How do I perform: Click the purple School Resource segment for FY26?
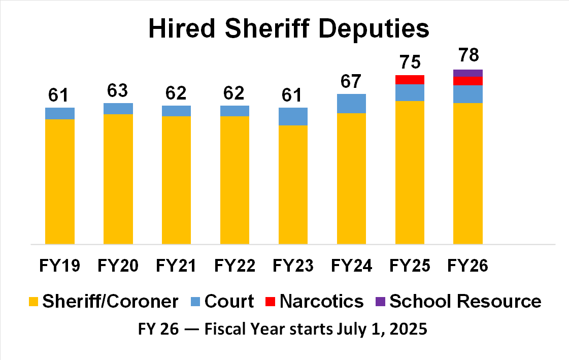click(x=467, y=73)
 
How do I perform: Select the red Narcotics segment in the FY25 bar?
click(x=410, y=79)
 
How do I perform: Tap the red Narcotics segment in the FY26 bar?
click(x=467, y=81)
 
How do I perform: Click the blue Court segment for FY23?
click(x=293, y=116)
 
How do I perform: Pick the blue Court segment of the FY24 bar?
click(x=351, y=104)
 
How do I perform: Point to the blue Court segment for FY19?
click(x=60, y=113)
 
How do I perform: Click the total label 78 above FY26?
click(x=467, y=55)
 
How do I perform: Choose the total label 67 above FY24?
click(x=351, y=81)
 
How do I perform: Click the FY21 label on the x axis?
click(x=176, y=266)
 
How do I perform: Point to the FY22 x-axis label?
click(x=235, y=266)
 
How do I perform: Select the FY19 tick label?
click(x=60, y=266)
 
